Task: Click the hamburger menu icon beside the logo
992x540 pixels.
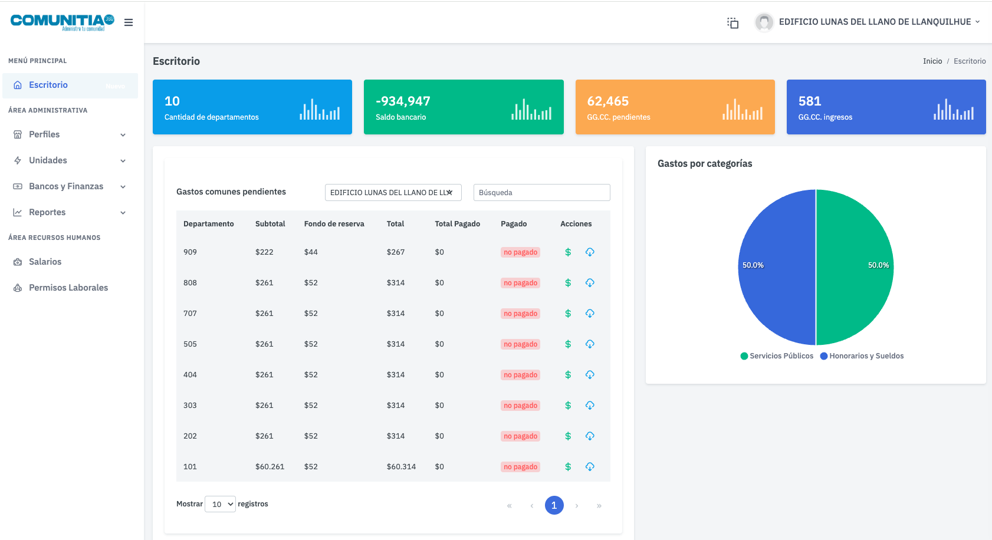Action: pyautogui.click(x=129, y=22)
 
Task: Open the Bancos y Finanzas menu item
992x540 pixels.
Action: pyautogui.click(x=66, y=186)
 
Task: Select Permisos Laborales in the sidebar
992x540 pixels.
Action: pyautogui.click(x=68, y=288)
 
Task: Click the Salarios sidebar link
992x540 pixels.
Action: pyautogui.click(x=45, y=262)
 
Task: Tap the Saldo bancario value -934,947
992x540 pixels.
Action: pyautogui.click(x=403, y=101)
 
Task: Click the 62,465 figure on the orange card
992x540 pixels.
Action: pyautogui.click(x=607, y=101)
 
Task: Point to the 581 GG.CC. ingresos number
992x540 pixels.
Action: pyautogui.click(x=809, y=101)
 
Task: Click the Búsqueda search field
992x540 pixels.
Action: pyautogui.click(x=541, y=193)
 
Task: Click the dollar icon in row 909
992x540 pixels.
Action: pyautogui.click(x=568, y=252)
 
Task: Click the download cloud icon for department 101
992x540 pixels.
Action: pyautogui.click(x=590, y=467)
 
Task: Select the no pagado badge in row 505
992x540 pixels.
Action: pyautogui.click(x=520, y=344)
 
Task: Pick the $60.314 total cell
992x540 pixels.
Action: pyautogui.click(x=401, y=467)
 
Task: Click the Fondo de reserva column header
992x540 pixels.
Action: pyautogui.click(x=334, y=224)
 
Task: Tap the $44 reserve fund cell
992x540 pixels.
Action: pyautogui.click(x=311, y=252)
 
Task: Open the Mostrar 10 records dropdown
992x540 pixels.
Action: pyautogui.click(x=220, y=504)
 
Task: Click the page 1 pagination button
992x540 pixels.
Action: pyautogui.click(x=554, y=505)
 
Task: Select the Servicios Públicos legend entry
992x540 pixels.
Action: pyautogui.click(x=777, y=356)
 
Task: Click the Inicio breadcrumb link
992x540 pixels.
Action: pyautogui.click(x=932, y=61)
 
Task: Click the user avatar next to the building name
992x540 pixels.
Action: pyautogui.click(x=764, y=22)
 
